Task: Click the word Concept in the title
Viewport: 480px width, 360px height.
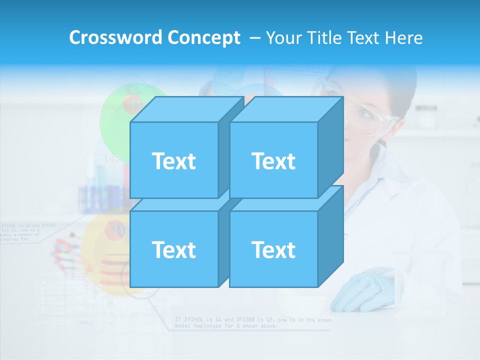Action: point(204,37)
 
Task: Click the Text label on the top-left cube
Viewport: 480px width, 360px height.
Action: point(173,161)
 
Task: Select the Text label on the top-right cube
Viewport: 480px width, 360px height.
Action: point(273,161)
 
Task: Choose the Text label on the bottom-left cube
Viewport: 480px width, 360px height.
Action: point(173,249)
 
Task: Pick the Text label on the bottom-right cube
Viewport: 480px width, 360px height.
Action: point(273,249)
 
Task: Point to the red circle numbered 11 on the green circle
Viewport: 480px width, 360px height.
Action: point(134,104)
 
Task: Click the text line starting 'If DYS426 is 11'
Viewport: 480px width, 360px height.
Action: point(252,319)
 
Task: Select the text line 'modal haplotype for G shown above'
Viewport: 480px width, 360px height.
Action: point(226,326)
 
